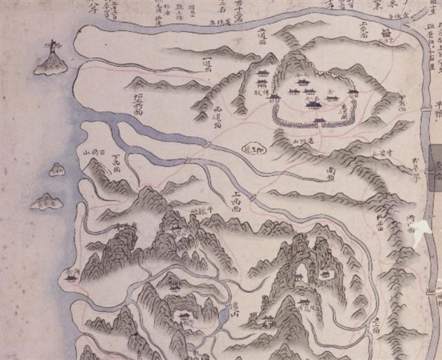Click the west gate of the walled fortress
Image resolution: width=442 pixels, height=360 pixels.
pyautogui.click(x=274, y=97)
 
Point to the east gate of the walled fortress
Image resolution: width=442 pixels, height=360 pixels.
pyautogui.click(x=355, y=93)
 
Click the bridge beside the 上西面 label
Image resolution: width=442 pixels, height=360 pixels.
pyautogui.click(x=253, y=198)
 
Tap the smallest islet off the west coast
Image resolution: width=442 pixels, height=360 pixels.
pyautogui.click(x=56, y=169)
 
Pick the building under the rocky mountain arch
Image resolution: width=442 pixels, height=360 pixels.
pyautogui.click(x=300, y=276)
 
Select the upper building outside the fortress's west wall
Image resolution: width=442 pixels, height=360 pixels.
pyautogui.click(x=262, y=75)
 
